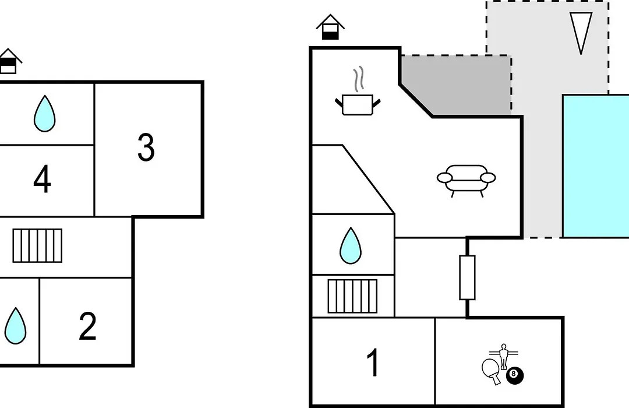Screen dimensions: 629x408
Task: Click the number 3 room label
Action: pyautogui.click(x=146, y=147)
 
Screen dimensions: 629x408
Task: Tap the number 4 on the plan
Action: pyautogui.click(x=42, y=179)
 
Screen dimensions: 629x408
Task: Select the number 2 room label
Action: pyautogui.click(x=87, y=326)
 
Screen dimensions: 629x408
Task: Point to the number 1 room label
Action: pyautogui.click(x=373, y=362)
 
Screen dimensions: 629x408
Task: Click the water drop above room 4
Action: pyautogui.click(x=44, y=114)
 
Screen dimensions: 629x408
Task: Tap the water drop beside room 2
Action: pyautogui.click(x=15, y=326)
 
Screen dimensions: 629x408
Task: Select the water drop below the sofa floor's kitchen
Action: pyautogui.click(x=350, y=246)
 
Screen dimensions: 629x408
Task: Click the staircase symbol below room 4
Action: pyautogui.click(x=37, y=246)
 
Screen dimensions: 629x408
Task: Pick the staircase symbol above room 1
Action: pyautogui.click(x=352, y=296)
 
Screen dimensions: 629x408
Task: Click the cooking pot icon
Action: pyautogui.click(x=358, y=105)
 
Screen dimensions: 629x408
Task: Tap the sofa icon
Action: pyautogui.click(x=466, y=181)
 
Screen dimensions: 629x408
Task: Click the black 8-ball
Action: pyautogui.click(x=515, y=375)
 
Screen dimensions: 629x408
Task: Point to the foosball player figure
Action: pyautogui.click(x=504, y=356)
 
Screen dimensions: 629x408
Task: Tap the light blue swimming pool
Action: pyautogui.click(x=596, y=166)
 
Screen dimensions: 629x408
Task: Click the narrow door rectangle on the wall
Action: pyautogui.click(x=467, y=277)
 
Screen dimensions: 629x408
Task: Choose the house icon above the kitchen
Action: pyautogui.click(x=330, y=27)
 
